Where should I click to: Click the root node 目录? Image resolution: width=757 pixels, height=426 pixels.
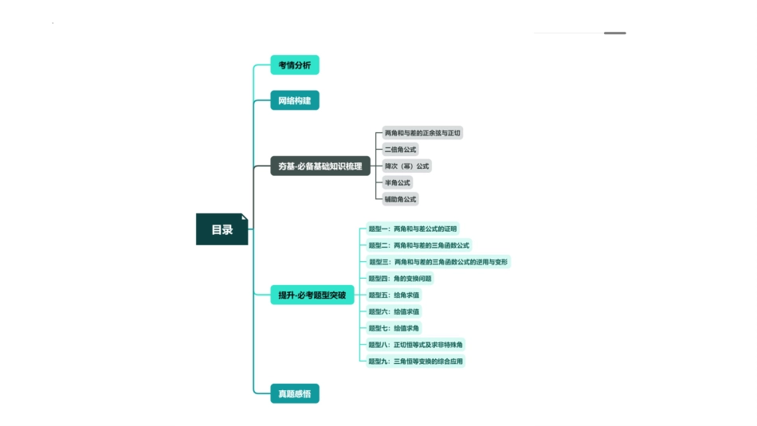pos(222,229)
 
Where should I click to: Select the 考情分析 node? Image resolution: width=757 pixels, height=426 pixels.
pos(295,65)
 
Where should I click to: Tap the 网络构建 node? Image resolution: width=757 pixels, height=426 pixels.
pos(295,100)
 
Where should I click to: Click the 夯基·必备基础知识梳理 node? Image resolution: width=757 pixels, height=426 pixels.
pos(320,166)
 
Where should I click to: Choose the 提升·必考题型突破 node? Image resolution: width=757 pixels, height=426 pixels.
pos(312,295)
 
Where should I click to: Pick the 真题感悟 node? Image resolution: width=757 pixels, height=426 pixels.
pos(295,393)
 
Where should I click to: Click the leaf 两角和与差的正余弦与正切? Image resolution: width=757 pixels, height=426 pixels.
pos(422,133)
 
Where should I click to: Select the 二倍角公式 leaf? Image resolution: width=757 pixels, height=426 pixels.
pos(400,150)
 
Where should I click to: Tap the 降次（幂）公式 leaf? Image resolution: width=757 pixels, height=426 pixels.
pos(406,166)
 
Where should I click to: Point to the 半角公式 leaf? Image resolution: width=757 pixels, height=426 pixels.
pos(398,183)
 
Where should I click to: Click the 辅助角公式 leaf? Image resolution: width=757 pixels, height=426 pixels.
pos(400,199)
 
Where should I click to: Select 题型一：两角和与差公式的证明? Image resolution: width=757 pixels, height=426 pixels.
pos(413,229)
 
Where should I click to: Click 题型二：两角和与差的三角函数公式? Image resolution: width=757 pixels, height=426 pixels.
pos(418,245)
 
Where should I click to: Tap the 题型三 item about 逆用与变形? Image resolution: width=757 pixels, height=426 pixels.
pos(437,262)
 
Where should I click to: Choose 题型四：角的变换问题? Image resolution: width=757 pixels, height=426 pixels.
pos(400,279)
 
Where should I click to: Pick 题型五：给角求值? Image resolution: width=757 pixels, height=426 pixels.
pos(394,295)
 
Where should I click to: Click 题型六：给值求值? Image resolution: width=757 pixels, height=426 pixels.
pos(394,311)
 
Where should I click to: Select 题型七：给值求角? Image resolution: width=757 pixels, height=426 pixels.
pos(394,328)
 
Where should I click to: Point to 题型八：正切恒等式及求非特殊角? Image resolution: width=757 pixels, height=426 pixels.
pos(415,345)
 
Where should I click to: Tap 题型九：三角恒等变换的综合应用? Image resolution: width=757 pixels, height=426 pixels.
pos(415,362)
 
